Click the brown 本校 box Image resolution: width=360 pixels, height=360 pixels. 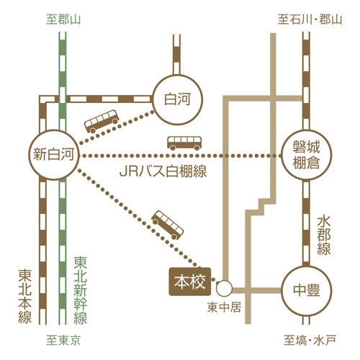pos(190,282)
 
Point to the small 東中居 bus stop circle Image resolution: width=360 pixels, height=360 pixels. pos(224,288)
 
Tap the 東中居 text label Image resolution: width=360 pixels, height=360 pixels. pos(224,307)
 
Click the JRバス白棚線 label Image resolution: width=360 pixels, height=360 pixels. pos(163,171)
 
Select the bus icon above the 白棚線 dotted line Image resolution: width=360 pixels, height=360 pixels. pos(184,143)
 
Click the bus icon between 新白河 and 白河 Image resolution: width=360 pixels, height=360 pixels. pos(102,121)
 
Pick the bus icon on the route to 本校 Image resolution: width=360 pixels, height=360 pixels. pos(168,225)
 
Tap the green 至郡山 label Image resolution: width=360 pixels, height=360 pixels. pos(63,19)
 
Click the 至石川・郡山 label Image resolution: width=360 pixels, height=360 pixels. pos(310,19)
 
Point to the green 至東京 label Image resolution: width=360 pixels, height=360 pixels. pos(63,341)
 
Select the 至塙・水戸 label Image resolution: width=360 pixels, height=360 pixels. pos(310,341)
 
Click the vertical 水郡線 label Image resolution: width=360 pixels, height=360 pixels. pos(324,235)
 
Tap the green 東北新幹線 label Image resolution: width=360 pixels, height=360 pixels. pos(81,290)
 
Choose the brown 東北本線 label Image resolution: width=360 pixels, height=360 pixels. pos(25,296)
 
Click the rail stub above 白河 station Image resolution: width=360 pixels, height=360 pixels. pos(176,55)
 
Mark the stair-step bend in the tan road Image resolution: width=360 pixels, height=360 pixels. pos(261,207)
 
